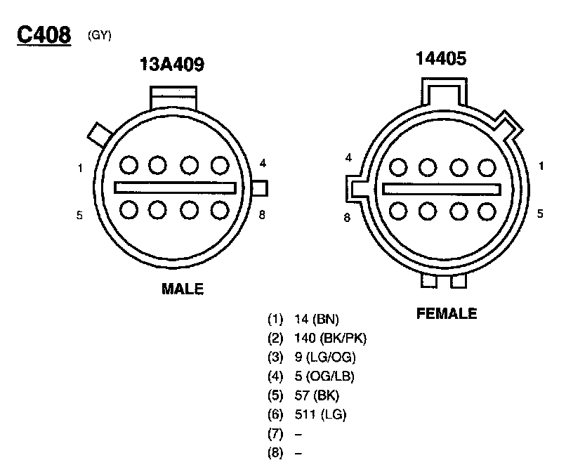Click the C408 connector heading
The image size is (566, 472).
point(44,35)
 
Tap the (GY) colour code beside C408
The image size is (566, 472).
point(99,35)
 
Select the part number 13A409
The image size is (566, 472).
point(172,65)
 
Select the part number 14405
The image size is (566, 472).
point(441,58)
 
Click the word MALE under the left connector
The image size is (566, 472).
point(183,289)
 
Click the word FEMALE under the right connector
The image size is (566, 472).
point(447,313)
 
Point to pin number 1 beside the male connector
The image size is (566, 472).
point(80,169)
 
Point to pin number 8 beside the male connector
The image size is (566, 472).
point(262,215)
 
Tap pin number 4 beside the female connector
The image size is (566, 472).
point(348,158)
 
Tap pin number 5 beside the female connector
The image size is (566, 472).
point(540,214)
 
